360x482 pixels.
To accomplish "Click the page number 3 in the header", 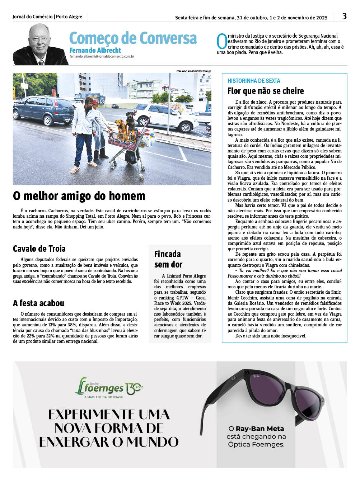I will click(344, 16).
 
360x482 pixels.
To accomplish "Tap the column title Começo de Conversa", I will click(133, 38).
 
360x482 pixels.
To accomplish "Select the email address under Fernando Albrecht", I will click(102, 56).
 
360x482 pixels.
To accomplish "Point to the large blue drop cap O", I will click(222, 41).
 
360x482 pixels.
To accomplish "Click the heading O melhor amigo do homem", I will click(79, 196).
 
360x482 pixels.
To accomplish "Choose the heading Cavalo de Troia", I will click(39, 249).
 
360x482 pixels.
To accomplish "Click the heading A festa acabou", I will click(38, 303).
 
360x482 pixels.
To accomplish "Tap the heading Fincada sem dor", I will click(168, 259).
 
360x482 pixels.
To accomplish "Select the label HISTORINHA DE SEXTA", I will click(254, 81).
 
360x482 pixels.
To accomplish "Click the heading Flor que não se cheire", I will click(266, 91).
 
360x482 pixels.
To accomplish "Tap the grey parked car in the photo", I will click(43, 109).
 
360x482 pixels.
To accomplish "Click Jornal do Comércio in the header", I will click(32, 17).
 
